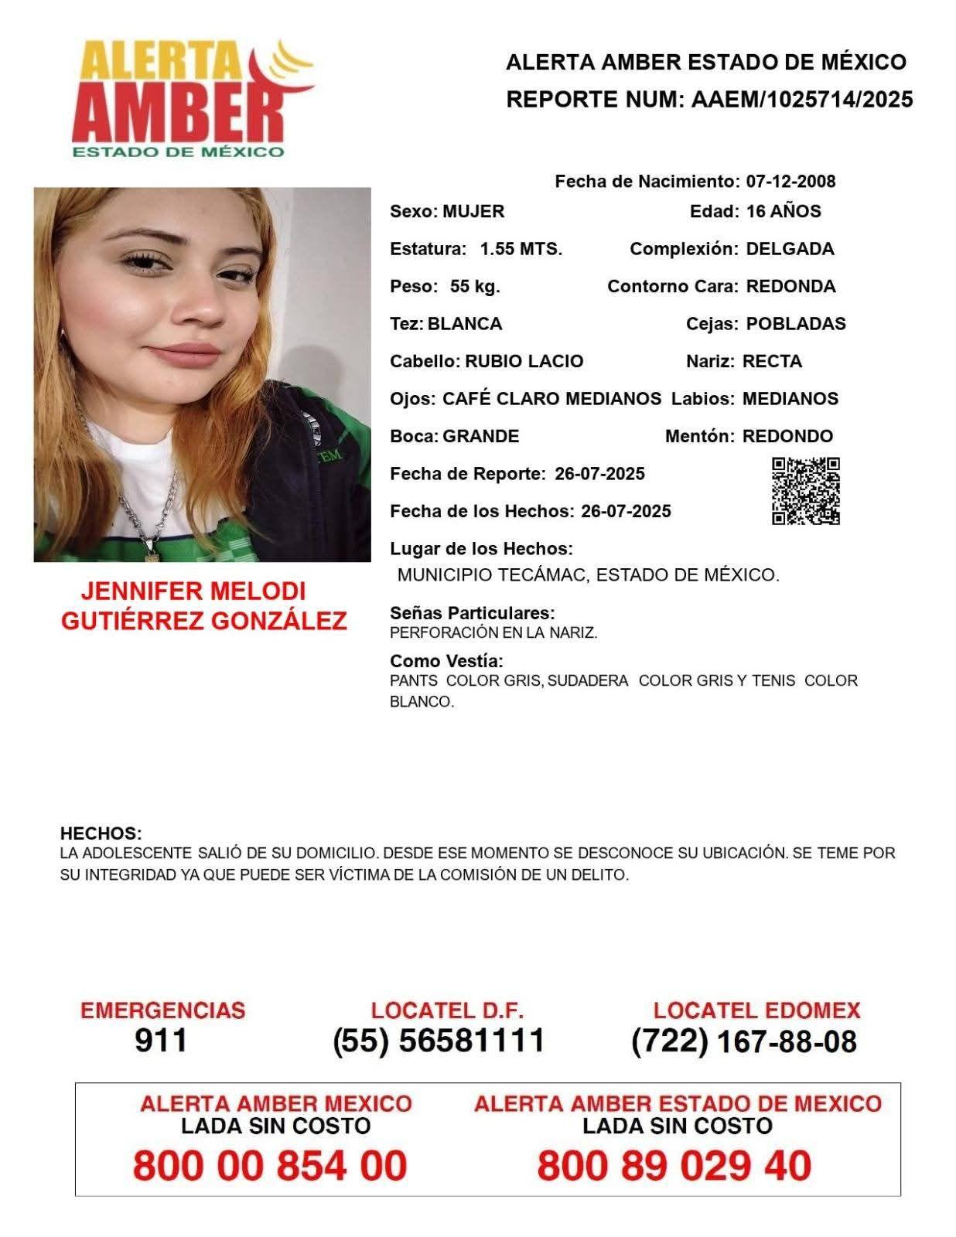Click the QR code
click(805, 491)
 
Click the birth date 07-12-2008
click(790, 182)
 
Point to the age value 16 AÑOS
click(783, 211)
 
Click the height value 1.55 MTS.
click(521, 249)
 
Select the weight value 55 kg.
click(475, 287)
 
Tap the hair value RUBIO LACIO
click(524, 362)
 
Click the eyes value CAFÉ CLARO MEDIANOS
click(551, 399)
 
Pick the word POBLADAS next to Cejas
click(795, 324)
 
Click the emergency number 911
click(161, 1041)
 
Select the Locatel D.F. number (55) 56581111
click(439, 1041)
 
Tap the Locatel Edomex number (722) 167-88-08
click(744, 1041)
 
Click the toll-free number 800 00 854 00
click(270, 1165)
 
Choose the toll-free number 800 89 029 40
click(674, 1165)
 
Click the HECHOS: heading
click(101, 833)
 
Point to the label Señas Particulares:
click(472, 613)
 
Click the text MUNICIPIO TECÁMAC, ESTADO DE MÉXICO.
click(588, 575)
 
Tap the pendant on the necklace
click(152, 550)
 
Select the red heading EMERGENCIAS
click(162, 1010)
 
